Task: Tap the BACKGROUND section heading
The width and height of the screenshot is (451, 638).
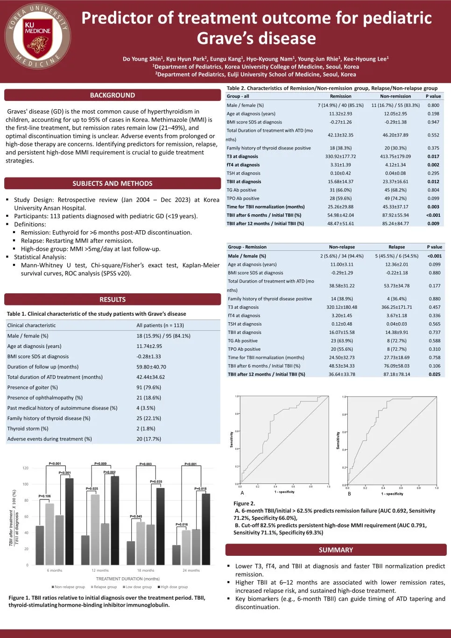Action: point(113,95)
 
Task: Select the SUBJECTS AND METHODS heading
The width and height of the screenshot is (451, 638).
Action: point(113,184)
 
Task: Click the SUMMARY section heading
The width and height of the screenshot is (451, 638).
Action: point(336,550)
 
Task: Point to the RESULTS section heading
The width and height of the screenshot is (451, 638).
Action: point(113,299)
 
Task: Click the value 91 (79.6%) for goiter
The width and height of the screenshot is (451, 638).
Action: point(148,388)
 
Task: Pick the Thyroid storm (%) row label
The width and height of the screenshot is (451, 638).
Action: point(28,429)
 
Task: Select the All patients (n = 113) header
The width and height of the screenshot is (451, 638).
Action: point(160,326)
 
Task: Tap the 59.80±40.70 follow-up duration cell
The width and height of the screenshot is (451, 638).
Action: point(151,367)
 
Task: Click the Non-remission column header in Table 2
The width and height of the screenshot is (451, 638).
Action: point(395,96)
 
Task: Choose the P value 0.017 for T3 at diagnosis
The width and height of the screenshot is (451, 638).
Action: point(433,156)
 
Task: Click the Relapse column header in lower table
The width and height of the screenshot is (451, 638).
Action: point(396,247)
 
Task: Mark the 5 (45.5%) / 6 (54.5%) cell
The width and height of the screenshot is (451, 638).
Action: point(396,256)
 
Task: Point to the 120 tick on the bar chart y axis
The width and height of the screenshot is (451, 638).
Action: point(25,468)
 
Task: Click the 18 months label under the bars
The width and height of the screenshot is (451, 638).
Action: point(145,570)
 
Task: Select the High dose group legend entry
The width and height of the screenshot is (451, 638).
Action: point(173,587)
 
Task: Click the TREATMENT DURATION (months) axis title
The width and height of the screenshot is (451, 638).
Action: point(128,579)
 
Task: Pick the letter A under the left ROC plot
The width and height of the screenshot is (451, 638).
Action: point(242,493)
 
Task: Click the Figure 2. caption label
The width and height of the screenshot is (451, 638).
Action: point(244,503)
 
